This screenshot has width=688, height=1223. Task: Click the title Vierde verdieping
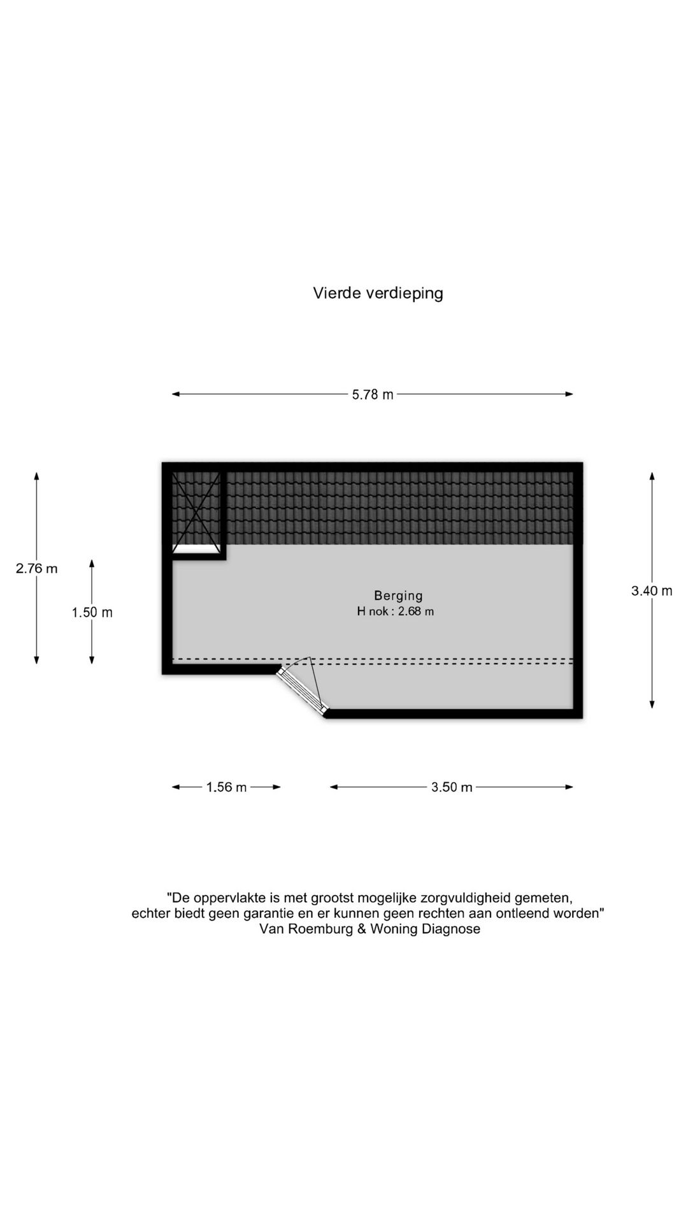378,293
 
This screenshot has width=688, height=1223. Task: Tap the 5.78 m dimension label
373,394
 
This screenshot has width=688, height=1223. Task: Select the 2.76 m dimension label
36,568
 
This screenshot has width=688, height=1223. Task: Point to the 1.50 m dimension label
92,612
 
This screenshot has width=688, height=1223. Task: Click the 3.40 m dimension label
652,590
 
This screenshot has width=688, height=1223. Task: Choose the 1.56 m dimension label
226,787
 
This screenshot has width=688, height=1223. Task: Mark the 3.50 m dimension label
452,787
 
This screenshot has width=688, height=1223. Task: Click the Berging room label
398,596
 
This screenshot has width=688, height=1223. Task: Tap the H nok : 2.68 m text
396,611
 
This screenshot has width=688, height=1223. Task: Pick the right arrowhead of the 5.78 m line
569,394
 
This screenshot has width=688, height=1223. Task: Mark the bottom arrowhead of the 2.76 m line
36,659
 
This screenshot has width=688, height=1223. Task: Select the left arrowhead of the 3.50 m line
334,787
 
